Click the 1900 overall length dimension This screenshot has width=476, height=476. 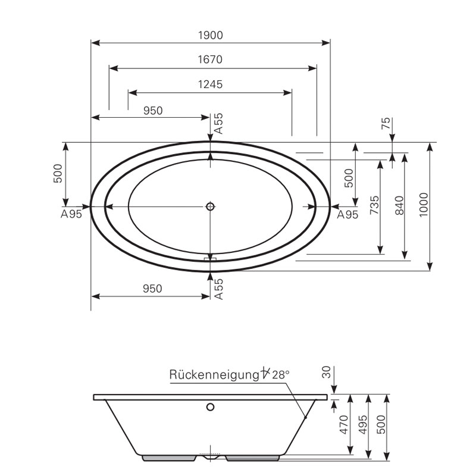click(210, 35)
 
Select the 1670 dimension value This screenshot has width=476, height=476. click(210, 59)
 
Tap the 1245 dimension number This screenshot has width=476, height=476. click(210, 84)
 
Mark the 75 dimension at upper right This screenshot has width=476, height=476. click(386, 124)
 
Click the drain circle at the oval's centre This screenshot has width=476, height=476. click(210, 206)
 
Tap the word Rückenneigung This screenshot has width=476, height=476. click(214, 375)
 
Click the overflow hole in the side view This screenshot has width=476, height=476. click(210, 408)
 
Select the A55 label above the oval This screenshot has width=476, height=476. click(218, 123)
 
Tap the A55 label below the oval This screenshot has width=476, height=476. click(218, 289)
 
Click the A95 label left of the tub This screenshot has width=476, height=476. click(71, 215)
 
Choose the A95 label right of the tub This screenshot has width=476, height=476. click(348, 215)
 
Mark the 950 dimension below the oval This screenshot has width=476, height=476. click(152, 289)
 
